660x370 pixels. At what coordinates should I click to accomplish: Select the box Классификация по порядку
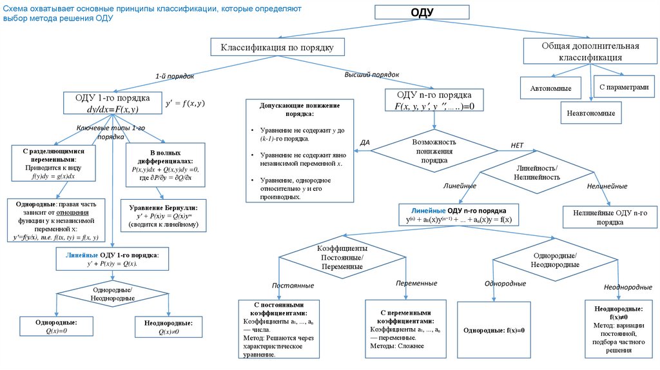click(278, 47)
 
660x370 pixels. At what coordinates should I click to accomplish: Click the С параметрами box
click(619, 86)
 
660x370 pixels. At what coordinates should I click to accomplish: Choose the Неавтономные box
click(591, 112)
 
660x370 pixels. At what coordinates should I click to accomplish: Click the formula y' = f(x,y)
click(185, 103)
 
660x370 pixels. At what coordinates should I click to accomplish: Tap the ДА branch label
click(365, 142)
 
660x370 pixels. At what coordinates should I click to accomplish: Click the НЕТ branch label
click(517, 146)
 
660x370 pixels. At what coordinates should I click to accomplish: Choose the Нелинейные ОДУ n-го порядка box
click(605, 217)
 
